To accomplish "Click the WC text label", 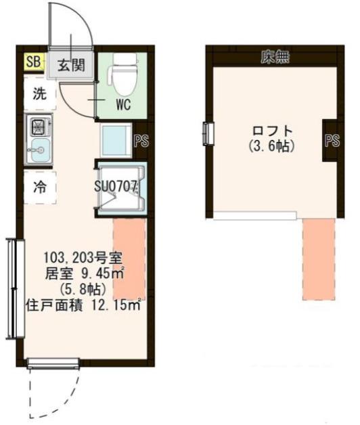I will [122, 105].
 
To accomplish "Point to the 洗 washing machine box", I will [40, 95].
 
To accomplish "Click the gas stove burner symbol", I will [38, 126].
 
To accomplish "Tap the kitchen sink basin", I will [38, 150].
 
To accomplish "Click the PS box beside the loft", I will [332, 141].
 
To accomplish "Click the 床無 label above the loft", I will [275, 58].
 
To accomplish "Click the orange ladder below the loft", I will [319, 259].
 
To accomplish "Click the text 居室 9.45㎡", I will [83, 275].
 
